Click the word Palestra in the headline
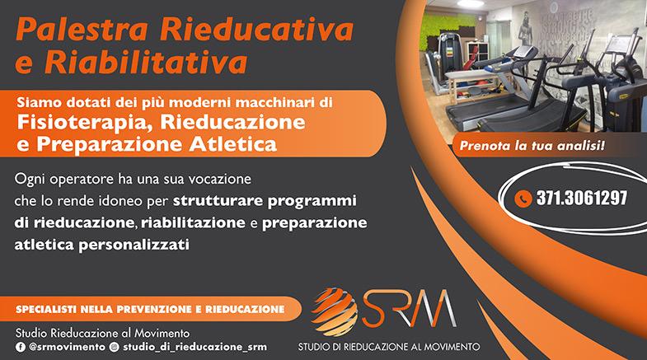coord(82,30)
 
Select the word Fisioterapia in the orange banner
coord(82,123)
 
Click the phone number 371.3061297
coord(582,199)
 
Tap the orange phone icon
coord(523,199)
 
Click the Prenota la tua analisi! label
coord(532,146)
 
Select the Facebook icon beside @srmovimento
coord(21,347)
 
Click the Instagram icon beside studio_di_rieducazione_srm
coord(115,347)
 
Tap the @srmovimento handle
coord(67,347)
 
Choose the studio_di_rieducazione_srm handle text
coord(195,347)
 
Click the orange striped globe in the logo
coord(335,311)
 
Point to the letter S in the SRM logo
coord(373,308)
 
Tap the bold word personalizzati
coord(134,245)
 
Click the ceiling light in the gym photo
coord(471,3)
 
